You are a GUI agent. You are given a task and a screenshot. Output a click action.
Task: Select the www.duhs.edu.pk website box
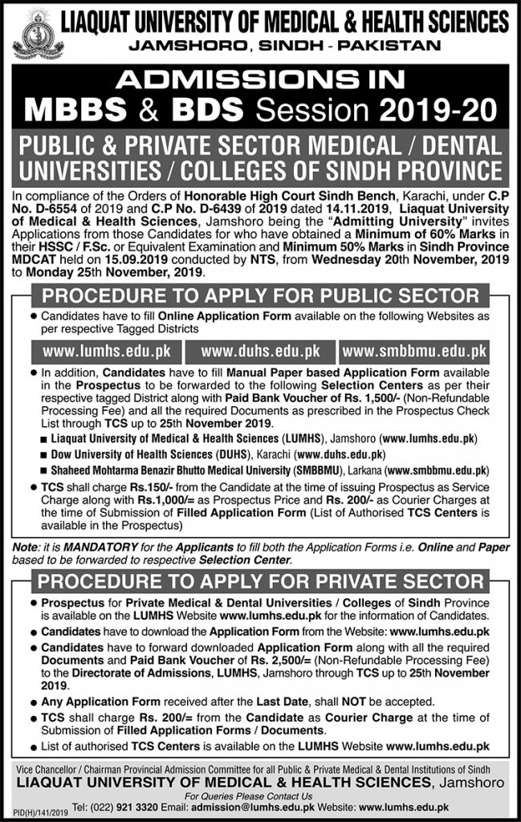pos(261,352)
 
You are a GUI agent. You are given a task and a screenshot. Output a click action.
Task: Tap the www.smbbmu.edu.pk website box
pos(415,352)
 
